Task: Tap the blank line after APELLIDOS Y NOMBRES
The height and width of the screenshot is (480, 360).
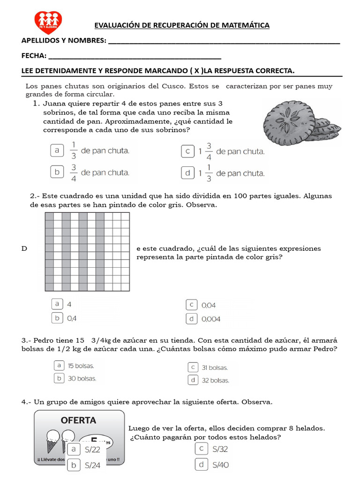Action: click(224, 41)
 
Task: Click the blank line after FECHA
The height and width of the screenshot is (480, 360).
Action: click(135, 57)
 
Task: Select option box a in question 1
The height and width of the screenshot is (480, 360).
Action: click(57, 150)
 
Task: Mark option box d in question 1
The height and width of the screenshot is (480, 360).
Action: click(187, 173)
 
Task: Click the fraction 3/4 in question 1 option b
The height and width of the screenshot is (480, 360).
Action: click(74, 172)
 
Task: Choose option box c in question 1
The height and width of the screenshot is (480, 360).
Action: click(187, 151)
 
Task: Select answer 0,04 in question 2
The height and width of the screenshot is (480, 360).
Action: click(209, 305)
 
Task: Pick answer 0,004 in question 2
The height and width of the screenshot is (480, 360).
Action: click(210, 319)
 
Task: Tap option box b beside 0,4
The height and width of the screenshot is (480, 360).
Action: click(57, 318)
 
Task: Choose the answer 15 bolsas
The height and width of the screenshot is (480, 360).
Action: click(81, 366)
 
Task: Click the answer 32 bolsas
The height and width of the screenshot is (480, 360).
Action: click(215, 380)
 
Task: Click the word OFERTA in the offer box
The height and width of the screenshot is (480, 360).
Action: click(78, 420)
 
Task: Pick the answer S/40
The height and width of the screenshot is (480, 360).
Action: click(220, 465)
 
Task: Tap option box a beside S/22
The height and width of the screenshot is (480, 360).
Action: click(73, 450)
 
